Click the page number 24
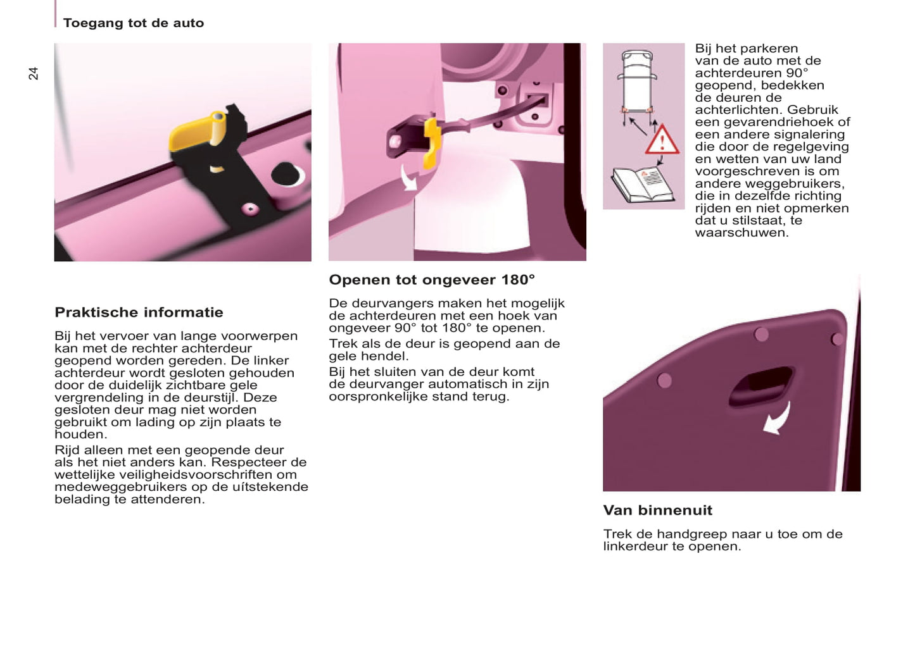point(34,73)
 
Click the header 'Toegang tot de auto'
point(133,23)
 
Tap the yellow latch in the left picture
point(197,132)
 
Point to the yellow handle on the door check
point(432,143)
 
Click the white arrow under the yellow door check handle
point(408,178)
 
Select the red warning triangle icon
point(662,140)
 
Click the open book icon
point(640,184)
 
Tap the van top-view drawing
point(638,81)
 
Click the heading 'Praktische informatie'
point(139,312)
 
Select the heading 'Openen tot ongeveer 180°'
point(431,280)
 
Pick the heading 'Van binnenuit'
point(657,510)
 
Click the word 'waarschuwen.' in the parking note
point(741,233)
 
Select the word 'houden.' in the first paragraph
point(81,435)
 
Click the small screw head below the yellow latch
point(251,209)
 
